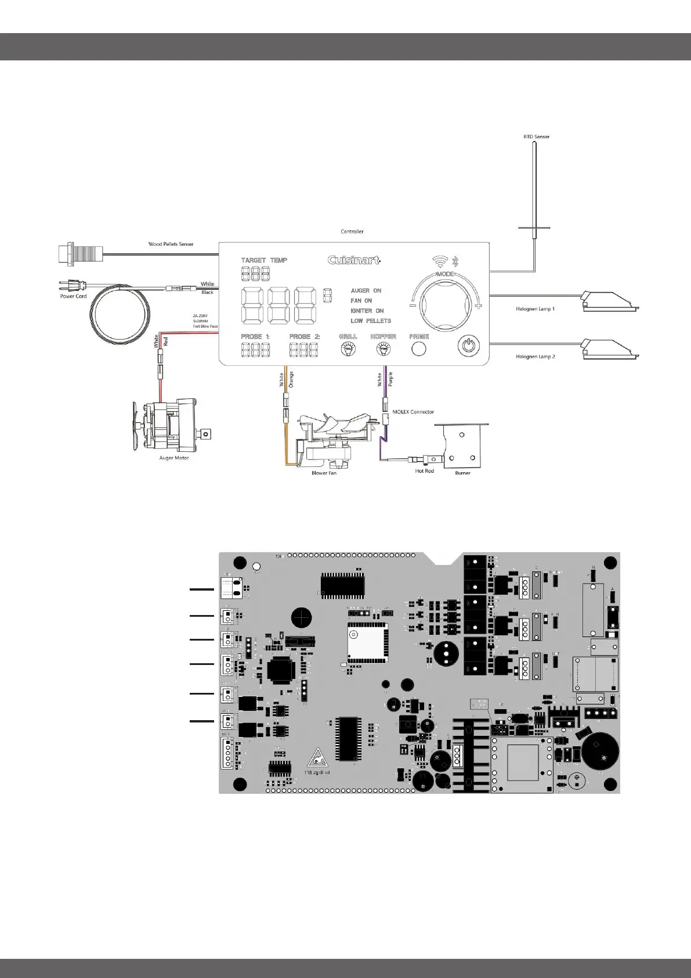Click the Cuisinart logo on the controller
(x=354, y=260)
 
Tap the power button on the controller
(x=469, y=347)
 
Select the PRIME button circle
(x=419, y=348)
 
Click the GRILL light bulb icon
(x=348, y=348)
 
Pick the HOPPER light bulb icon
(x=383, y=348)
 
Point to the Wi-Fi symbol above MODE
(x=440, y=261)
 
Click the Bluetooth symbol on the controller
(x=455, y=261)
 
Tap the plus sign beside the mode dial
(x=478, y=305)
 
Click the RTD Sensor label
(x=536, y=136)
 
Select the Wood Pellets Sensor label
(x=171, y=244)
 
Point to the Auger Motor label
(x=174, y=458)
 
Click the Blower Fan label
(x=324, y=473)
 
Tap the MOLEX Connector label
(x=413, y=412)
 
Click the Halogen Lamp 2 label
(x=535, y=357)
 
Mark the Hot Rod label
(x=424, y=471)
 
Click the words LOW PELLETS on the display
(x=371, y=321)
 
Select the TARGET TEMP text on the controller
(x=264, y=260)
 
